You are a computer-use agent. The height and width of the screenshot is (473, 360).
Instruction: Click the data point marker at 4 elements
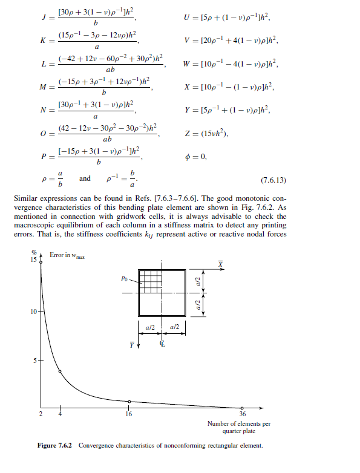point(60,371)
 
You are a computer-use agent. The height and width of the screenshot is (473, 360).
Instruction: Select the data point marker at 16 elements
point(129,401)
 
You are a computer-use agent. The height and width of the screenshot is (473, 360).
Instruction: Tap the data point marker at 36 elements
point(242,407)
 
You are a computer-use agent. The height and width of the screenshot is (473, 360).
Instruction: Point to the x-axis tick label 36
point(242,414)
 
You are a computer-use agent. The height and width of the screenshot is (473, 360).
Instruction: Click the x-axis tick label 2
point(41,414)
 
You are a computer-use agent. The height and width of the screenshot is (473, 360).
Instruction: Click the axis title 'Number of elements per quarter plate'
point(238,427)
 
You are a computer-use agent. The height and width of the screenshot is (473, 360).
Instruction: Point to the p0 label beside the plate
point(124,279)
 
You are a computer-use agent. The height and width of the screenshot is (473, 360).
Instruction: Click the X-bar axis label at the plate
point(221,264)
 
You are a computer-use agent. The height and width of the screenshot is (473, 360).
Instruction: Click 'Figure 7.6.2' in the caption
point(54,446)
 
